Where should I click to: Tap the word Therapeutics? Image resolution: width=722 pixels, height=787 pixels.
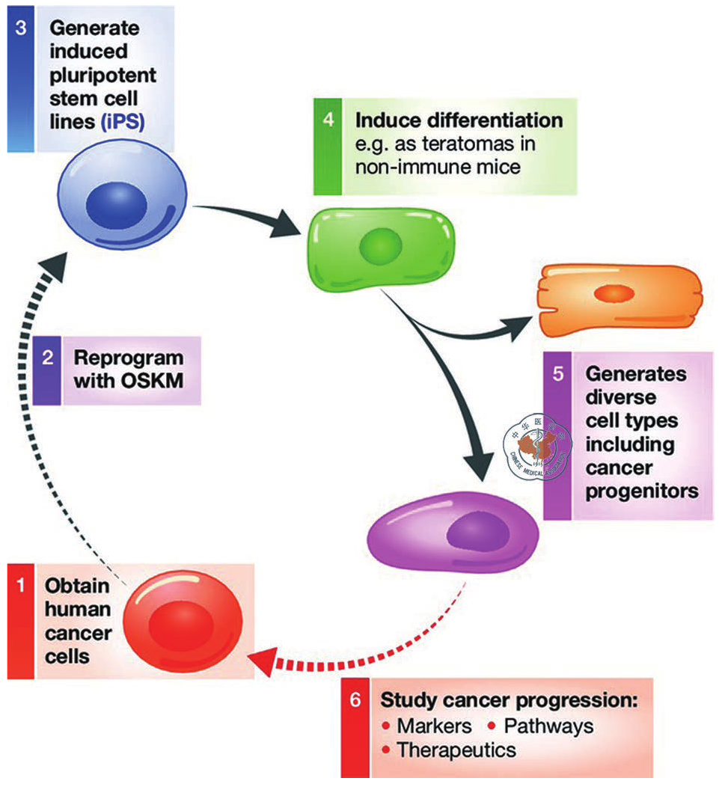(456, 749)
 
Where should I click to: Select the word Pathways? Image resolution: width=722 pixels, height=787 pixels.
(549, 726)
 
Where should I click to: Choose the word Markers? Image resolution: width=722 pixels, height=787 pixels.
(435, 726)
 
